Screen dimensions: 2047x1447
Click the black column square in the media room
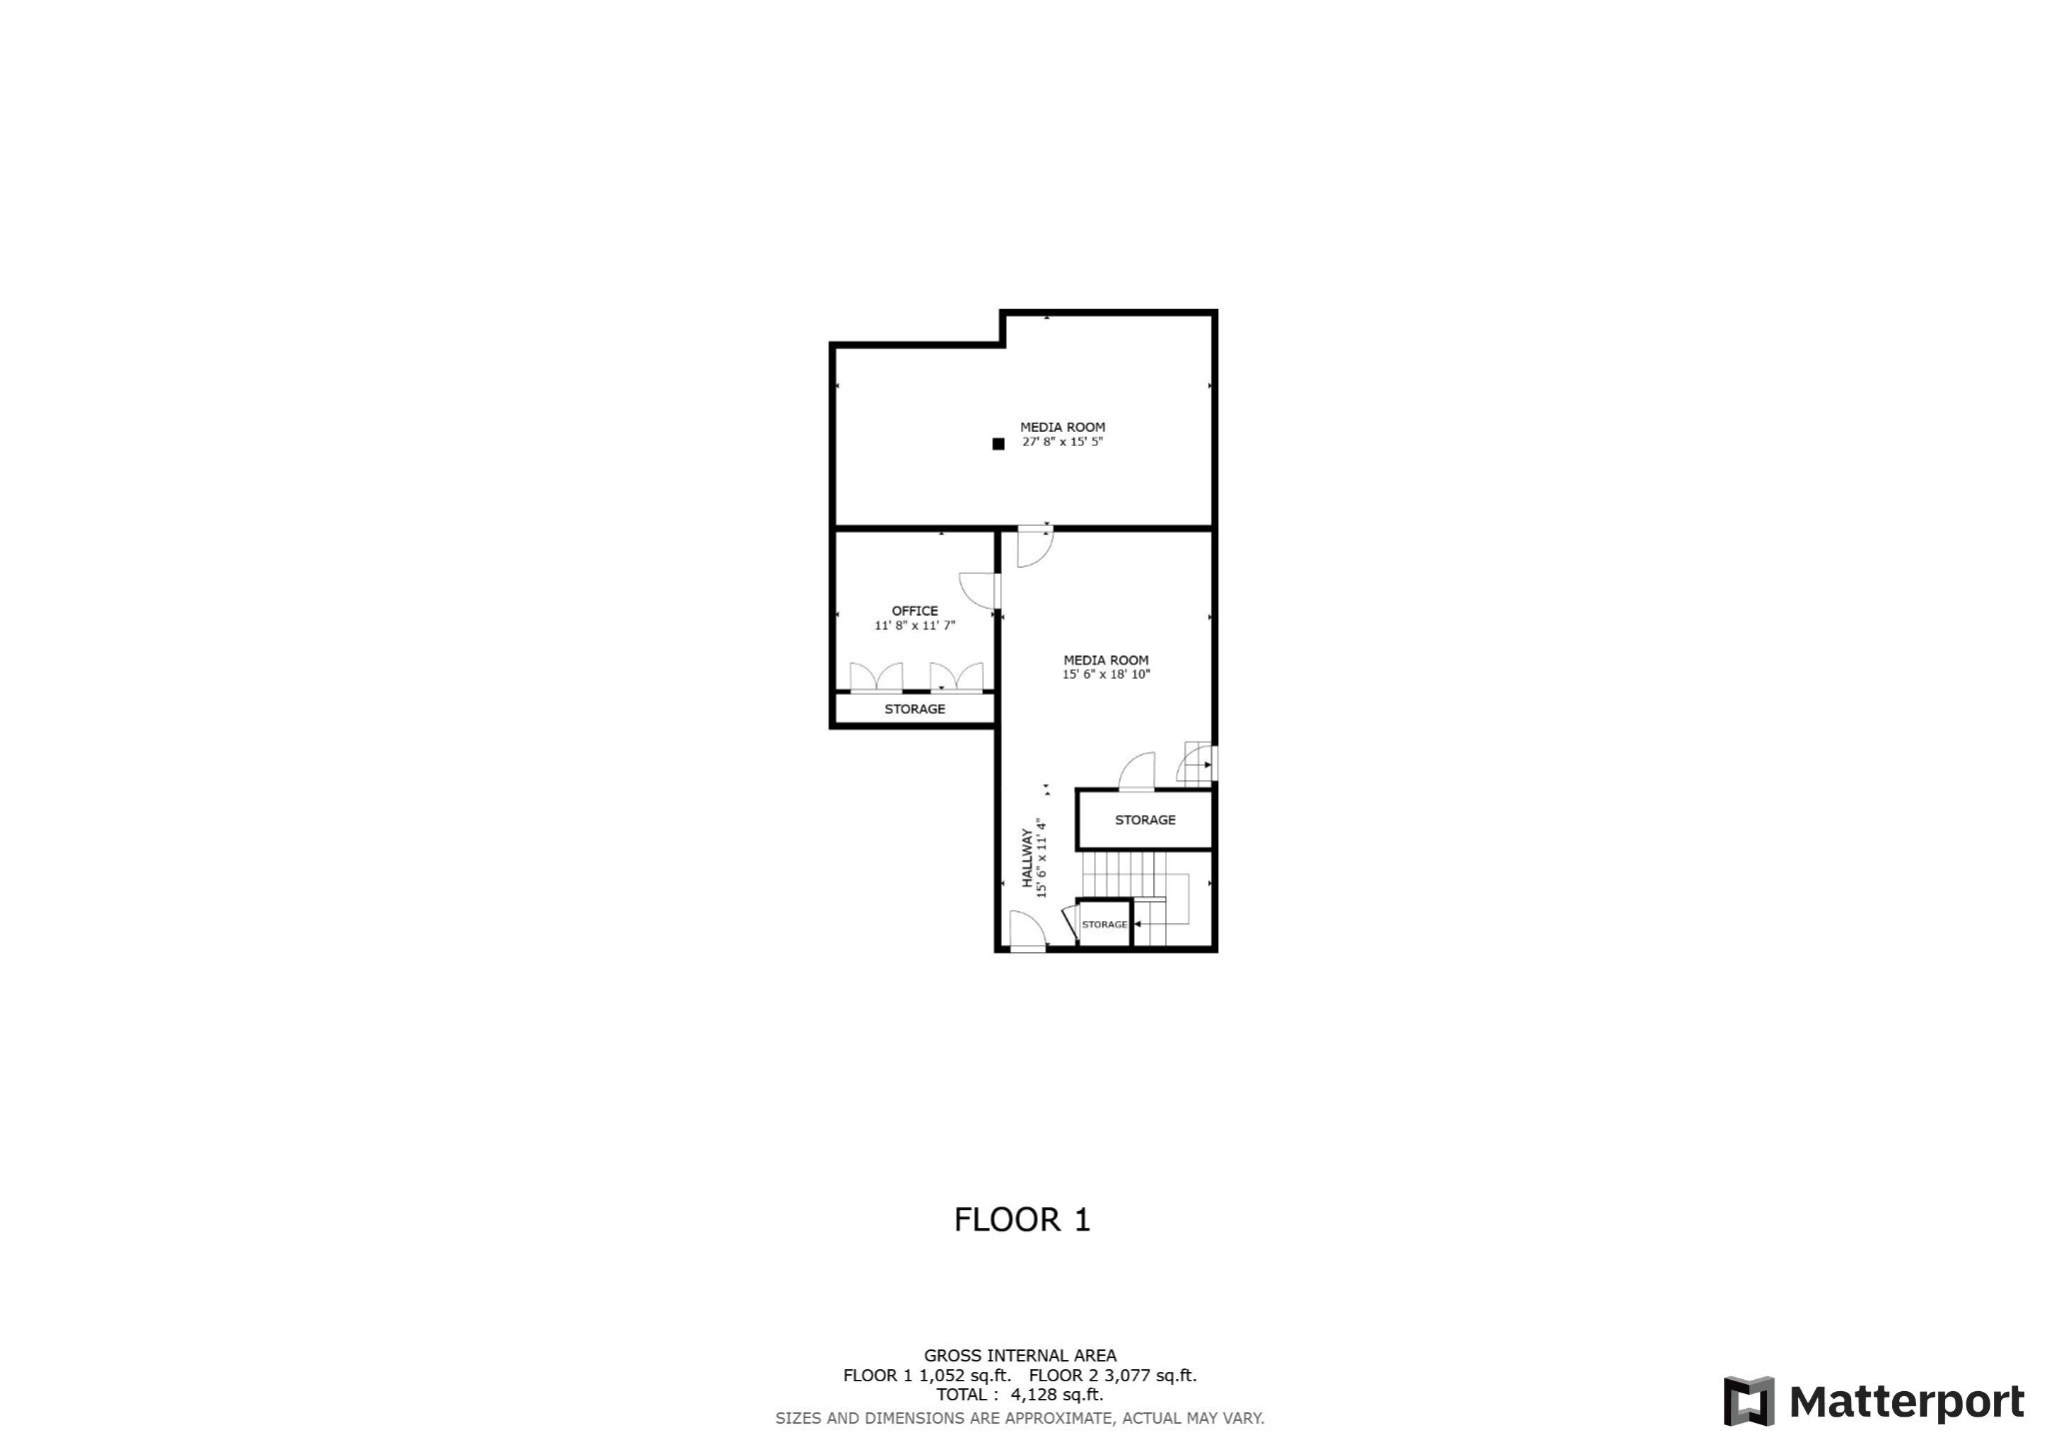(x=998, y=444)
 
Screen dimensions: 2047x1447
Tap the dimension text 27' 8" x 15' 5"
(x=1062, y=442)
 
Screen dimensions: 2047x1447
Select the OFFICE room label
(x=915, y=611)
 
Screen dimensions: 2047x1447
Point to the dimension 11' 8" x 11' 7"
(x=915, y=626)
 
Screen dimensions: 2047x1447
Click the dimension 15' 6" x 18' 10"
(x=1105, y=675)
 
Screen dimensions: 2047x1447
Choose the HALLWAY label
(x=1026, y=858)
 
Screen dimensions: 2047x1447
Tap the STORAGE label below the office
(x=915, y=710)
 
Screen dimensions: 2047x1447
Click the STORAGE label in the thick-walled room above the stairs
(x=1145, y=819)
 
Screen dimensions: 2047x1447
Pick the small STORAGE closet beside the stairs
(x=1104, y=924)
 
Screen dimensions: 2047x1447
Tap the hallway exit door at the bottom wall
(x=1027, y=931)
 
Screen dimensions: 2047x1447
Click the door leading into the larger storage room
(x=1136, y=771)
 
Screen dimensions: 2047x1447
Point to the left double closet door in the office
(x=877, y=677)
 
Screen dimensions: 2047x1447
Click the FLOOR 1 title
(x=1022, y=1219)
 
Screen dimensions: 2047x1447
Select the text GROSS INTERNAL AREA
(x=1020, y=1356)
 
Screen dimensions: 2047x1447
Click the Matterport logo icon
(x=1748, y=1401)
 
